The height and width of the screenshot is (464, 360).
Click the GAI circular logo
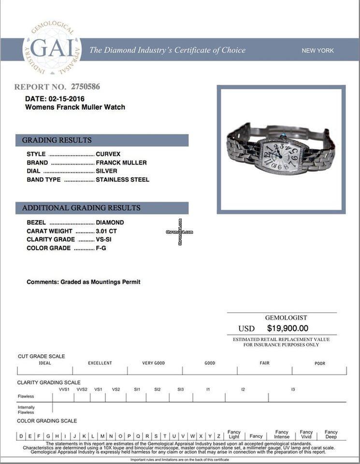(52, 48)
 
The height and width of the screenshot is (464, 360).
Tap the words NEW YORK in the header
(317, 50)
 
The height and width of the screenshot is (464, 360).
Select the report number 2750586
(86, 87)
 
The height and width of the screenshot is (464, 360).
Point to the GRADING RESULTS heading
(57, 140)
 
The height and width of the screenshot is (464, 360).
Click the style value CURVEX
(107, 154)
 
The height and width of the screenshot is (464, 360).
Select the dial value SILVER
(106, 171)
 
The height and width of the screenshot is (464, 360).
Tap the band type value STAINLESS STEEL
(122, 180)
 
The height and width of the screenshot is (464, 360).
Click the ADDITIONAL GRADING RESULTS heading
(81, 208)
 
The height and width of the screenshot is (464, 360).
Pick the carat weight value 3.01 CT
(106, 231)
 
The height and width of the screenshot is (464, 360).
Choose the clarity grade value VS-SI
(106, 240)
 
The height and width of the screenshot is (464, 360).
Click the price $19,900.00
(288, 329)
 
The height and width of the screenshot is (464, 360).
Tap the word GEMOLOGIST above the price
(286, 318)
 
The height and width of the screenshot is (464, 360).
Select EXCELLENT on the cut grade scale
(100, 363)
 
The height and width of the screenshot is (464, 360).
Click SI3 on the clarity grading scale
(180, 389)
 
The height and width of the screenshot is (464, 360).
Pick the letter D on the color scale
(21, 436)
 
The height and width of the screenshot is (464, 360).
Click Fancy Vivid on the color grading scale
(306, 434)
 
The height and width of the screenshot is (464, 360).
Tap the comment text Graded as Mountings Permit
(100, 282)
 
